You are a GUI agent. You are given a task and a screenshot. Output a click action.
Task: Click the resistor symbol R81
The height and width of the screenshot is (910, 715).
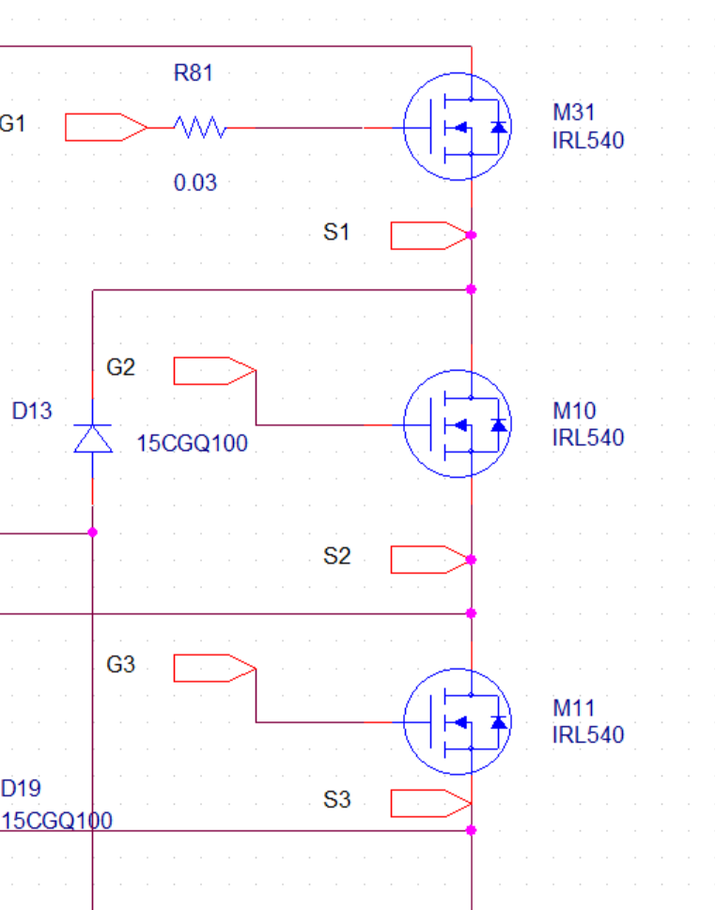coord(199,128)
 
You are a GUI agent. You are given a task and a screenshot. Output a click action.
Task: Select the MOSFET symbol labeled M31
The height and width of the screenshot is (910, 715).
coord(458,127)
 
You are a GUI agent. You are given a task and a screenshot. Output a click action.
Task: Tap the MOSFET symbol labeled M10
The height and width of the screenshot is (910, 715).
coord(458,424)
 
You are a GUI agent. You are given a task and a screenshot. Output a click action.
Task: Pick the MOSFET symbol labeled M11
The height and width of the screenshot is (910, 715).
coord(458,721)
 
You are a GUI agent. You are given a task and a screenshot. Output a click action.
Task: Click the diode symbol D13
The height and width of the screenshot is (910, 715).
coord(92,439)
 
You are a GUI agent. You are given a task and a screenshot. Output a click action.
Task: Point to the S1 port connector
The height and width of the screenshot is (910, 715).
coord(428,235)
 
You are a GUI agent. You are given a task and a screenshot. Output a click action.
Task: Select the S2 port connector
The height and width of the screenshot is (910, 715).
coord(428,559)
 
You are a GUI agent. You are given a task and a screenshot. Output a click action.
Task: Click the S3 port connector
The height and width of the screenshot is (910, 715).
coord(428,804)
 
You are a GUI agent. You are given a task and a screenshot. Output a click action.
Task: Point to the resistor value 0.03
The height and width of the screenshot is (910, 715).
coord(194,183)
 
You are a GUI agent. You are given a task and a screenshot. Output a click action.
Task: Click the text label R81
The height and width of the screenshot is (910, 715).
coord(194,73)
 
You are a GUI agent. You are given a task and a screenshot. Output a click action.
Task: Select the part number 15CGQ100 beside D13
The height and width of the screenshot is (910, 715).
coord(193,443)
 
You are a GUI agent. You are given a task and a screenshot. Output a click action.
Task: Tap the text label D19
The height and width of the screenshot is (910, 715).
coord(21,788)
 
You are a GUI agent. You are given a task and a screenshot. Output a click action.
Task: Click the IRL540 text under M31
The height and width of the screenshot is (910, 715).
coord(587,141)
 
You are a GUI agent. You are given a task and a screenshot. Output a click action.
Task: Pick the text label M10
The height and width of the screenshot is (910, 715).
coord(574,411)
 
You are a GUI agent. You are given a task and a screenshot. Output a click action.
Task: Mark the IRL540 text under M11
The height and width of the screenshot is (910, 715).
coord(587,734)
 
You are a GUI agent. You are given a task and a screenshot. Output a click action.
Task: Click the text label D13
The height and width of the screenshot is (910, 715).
coord(32,411)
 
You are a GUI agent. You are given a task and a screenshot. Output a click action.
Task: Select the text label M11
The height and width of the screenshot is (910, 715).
coord(574,708)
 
